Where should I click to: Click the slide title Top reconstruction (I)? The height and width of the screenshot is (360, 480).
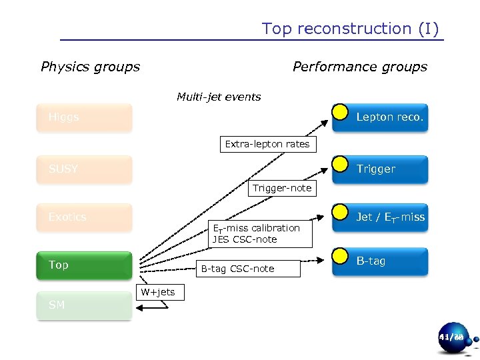[350, 29]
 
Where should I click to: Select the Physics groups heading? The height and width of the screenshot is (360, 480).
[90, 67]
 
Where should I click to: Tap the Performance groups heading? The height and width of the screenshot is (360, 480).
[359, 67]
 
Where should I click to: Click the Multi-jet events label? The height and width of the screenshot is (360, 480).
[219, 97]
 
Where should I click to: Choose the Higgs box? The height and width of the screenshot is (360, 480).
[85, 117]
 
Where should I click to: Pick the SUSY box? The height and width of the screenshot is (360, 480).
[85, 169]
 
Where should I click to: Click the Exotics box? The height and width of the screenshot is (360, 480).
[85, 217]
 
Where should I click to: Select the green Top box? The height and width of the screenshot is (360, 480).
[85, 265]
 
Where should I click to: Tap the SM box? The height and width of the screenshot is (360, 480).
[85, 305]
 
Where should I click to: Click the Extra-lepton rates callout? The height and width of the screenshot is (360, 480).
[267, 144]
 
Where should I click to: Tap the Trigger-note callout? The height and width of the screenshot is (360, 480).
[281, 188]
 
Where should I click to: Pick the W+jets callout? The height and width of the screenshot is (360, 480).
[157, 292]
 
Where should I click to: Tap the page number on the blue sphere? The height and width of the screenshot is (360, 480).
[451, 338]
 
